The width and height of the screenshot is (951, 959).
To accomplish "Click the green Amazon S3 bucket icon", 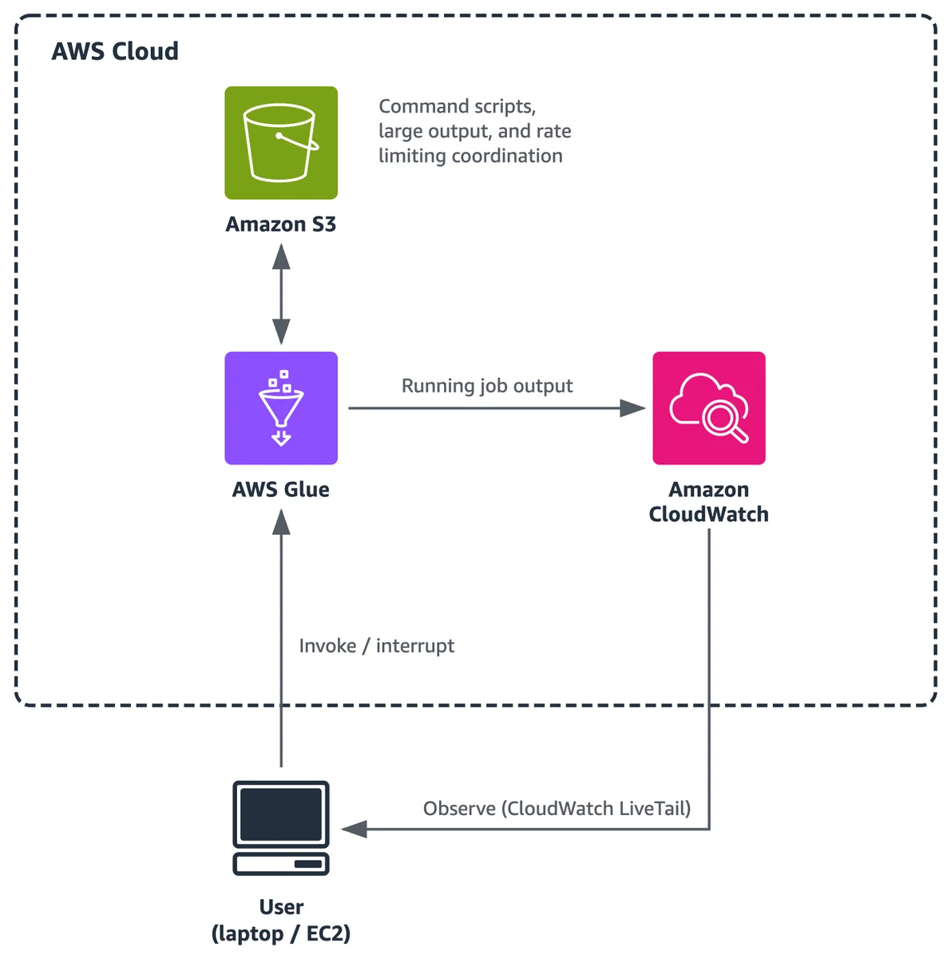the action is point(281,143).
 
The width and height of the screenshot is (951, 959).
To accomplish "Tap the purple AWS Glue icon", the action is point(281,408).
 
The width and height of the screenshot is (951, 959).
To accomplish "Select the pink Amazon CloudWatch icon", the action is point(709,408).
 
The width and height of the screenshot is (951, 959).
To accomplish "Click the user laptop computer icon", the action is point(281,828).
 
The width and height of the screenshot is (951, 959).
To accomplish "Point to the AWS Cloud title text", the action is point(115,51).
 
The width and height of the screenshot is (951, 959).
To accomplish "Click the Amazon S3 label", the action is point(281,225).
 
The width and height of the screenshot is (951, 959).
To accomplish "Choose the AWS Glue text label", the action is point(281,490).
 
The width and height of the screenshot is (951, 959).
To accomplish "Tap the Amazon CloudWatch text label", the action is point(709,502).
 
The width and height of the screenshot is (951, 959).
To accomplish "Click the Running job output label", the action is point(487,386).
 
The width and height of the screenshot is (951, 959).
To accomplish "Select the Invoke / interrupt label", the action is point(377,646).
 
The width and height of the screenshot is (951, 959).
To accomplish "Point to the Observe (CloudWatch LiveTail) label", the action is point(557,809).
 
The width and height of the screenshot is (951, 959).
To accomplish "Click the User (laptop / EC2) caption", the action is point(281,920).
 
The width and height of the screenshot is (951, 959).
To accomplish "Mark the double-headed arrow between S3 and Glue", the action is point(281,293).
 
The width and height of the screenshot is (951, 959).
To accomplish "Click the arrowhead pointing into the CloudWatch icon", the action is point(632,408).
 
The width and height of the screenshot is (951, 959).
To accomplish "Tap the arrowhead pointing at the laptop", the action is point(355,829).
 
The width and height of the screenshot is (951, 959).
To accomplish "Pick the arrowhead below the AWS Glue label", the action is point(281,522).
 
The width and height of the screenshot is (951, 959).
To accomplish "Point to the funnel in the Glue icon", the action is point(281,407).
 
